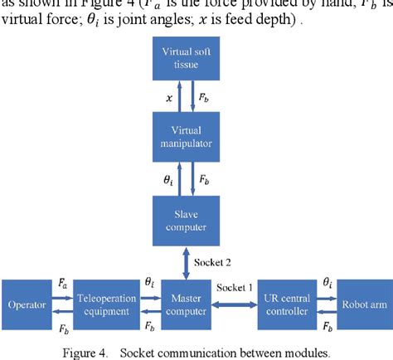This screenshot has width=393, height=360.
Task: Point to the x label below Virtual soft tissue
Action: [170, 97]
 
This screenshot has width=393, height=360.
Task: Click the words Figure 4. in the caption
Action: [85, 352]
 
